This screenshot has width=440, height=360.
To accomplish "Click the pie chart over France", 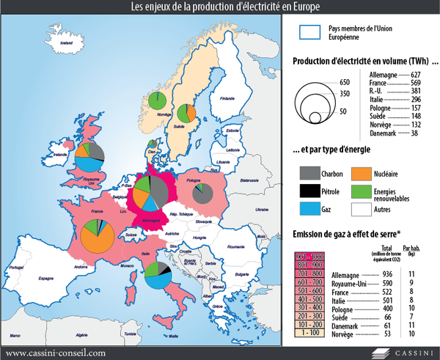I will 98,237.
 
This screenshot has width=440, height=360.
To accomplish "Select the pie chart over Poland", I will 199,195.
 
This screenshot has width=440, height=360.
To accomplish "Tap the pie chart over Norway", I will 156,100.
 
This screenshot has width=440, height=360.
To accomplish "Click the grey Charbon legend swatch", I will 309,173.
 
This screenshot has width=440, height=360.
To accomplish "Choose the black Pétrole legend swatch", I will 309,191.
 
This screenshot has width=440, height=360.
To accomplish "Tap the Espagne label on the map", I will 48,279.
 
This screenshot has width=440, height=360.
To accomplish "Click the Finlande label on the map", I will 228,98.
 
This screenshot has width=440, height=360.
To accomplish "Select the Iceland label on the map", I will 68,44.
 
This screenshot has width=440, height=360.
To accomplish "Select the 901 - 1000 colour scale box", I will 309,254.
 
